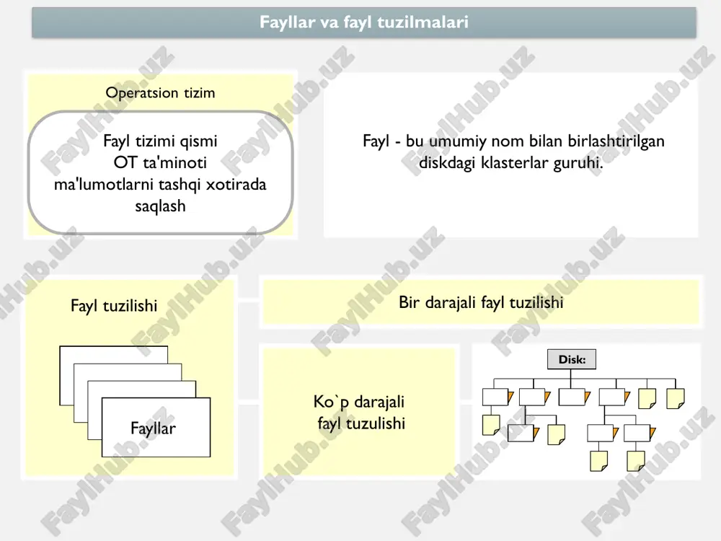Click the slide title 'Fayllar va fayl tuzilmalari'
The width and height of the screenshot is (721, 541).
pos(363,22)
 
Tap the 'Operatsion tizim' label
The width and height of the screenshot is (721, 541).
pos(161,93)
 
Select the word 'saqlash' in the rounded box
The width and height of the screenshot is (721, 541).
pos(161,206)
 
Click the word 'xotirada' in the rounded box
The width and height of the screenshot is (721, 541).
pos(236,185)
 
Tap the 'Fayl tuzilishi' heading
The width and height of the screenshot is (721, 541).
pos(114,305)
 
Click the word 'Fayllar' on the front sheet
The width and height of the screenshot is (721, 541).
pos(153,428)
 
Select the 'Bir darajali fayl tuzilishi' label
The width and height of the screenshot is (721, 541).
pos(481,302)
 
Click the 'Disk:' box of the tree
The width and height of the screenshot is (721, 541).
pos(572,359)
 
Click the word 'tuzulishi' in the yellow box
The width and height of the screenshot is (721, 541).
pos(375,423)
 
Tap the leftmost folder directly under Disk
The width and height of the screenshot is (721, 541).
pos(497,397)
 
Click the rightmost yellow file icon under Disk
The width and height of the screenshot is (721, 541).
pos(676,398)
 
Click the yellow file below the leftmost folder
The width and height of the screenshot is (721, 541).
pos(490,425)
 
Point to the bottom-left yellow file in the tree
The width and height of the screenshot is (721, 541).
pos(598,462)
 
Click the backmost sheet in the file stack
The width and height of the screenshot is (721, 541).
pos(114,354)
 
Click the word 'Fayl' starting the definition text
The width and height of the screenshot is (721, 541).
pos(376,141)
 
